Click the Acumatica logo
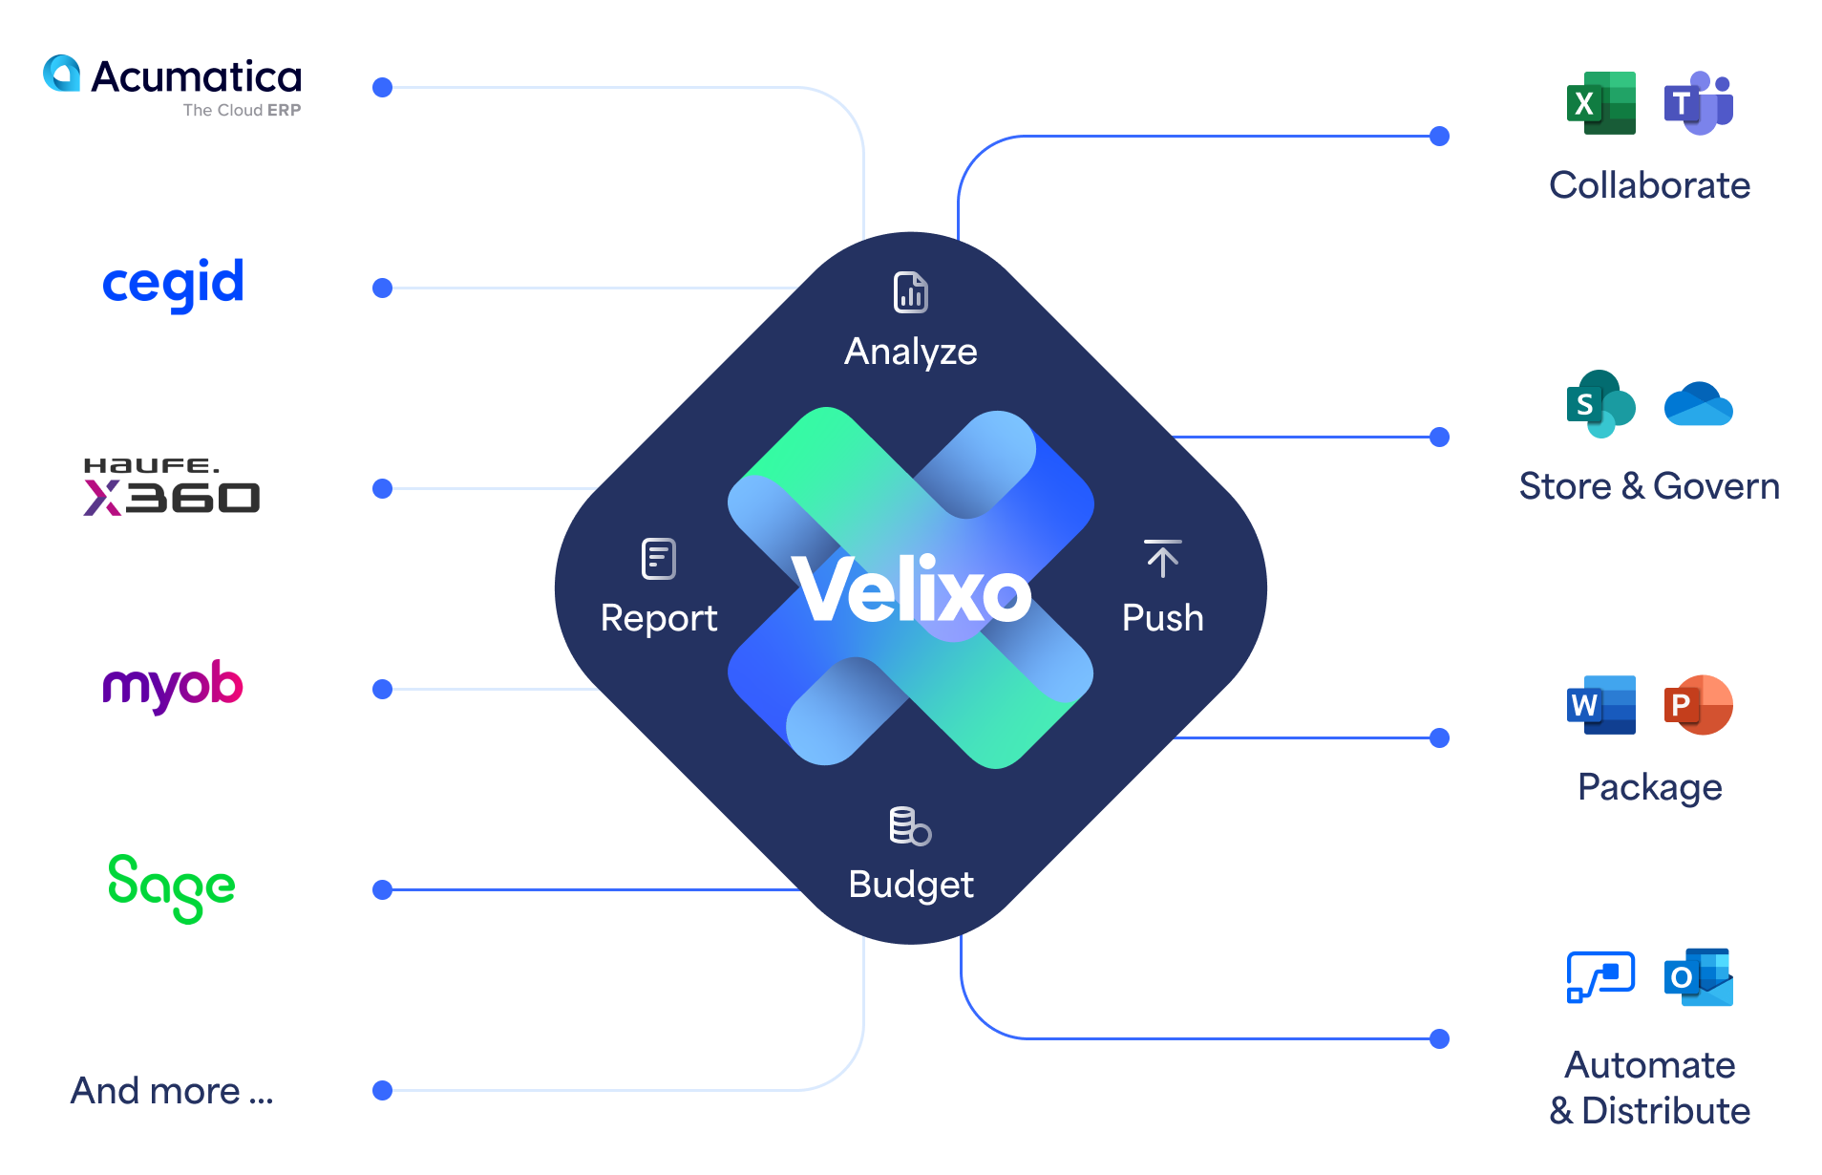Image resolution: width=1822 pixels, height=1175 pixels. point(172,86)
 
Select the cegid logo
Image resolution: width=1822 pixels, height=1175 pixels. point(173,284)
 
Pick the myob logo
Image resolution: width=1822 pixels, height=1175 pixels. point(173,686)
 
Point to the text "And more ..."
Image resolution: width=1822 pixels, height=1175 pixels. point(172,1091)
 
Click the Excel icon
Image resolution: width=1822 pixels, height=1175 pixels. point(1601,103)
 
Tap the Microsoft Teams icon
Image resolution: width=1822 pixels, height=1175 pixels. point(1699,103)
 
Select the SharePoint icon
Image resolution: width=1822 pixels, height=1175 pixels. point(1601,404)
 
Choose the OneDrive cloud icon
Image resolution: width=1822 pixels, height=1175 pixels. point(1699,404)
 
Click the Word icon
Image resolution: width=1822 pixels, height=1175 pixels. point(1601,705)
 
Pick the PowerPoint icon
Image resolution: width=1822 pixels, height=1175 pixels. point(1699,705)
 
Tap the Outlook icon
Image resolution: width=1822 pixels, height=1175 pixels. point(1699,977)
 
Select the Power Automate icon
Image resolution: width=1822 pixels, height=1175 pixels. point(1601,977)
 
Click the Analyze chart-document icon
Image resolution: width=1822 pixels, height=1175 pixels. point(911,292)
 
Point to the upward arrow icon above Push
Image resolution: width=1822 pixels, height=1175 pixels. point(1162,559)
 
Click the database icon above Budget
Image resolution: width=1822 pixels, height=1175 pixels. point(910,826)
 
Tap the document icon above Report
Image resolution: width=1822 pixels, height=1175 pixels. point(659,559)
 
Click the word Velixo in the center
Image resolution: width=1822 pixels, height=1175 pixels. point(912,591)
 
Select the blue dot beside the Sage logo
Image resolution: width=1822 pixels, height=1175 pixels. point(383,890)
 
